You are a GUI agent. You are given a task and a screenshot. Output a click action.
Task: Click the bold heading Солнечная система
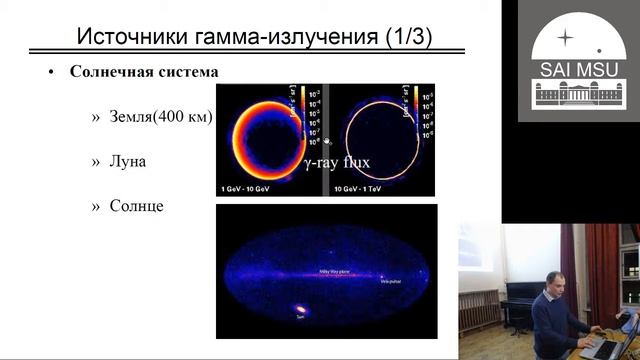click(144, 73)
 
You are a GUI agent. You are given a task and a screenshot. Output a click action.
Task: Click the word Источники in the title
click(130, 37)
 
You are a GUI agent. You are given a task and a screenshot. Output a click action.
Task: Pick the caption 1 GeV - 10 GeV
click(249, 188)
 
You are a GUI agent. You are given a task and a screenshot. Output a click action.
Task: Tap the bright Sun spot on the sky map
click(302, 309)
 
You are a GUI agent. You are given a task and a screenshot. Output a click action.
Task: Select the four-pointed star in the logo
click(566, 37)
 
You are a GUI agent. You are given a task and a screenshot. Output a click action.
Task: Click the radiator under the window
click(480, 309)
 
